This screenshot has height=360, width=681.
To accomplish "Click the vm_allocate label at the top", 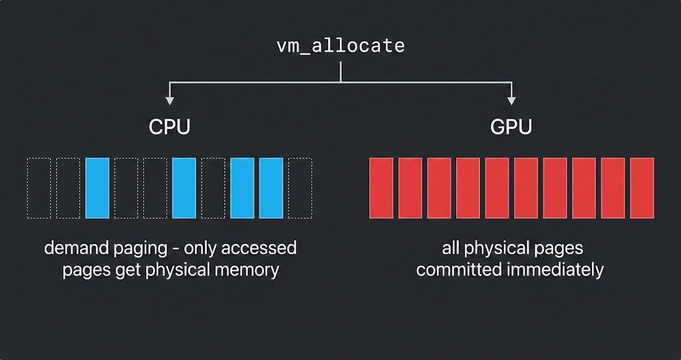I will point(340,46).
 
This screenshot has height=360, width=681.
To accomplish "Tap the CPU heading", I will point(170,126).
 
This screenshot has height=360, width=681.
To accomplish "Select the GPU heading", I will point(511,126).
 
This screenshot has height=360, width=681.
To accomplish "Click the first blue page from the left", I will point(96,188).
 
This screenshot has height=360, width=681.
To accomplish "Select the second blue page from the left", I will point(184,188).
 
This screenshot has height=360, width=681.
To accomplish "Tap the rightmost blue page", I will point(271,188).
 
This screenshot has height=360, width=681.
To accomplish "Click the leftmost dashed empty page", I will point(39,188).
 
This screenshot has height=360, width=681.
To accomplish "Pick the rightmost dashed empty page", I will point(300,188).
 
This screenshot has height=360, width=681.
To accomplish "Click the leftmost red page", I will point(382,188).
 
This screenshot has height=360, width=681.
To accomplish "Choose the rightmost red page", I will point(642,188).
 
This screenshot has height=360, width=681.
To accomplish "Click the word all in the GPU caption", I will point(451,249).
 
